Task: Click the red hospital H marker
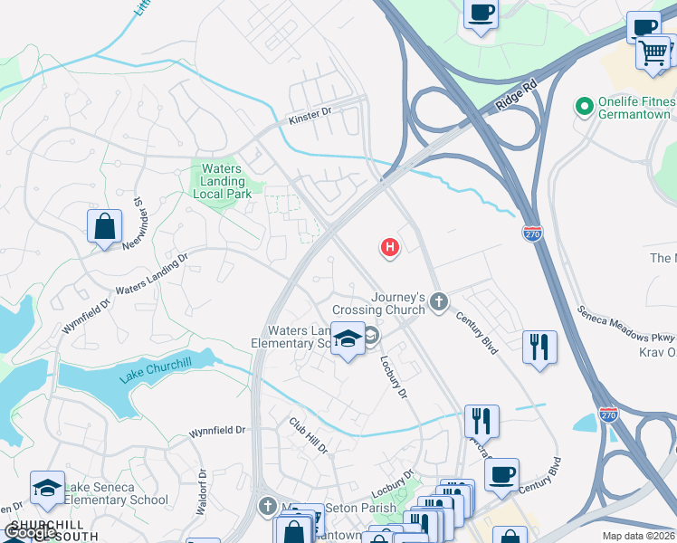[x=390, y=246]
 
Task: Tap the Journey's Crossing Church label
[x=385, y=303]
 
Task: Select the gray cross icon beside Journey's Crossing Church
[x=439, y=301]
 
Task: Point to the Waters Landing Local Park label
[x=222, y=181]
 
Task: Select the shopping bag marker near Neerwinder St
[x=104, y=226]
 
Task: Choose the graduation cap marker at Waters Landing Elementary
[x=348, y=339]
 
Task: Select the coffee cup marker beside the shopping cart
[x=644, y=27]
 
